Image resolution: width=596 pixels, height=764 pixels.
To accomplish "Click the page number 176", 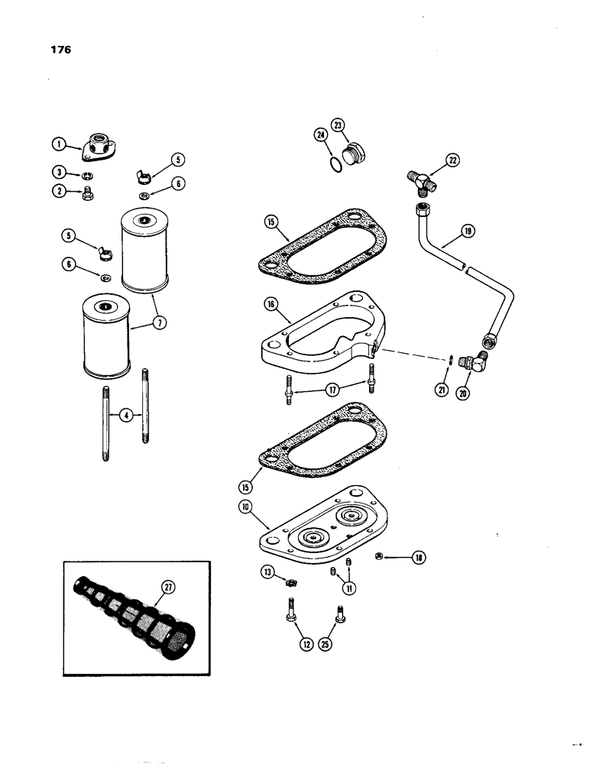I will click(60, 50).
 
